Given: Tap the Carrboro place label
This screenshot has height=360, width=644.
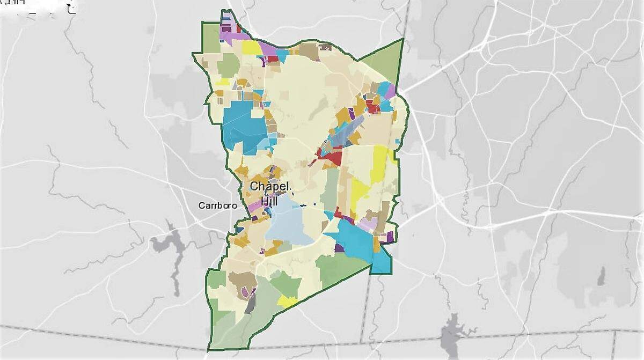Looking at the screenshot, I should [217, 205].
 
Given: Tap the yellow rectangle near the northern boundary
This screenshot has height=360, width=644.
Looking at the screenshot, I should [251, 47].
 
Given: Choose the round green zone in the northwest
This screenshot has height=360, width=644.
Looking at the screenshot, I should [228, 65].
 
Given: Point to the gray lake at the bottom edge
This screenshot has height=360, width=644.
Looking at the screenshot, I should [451, 336].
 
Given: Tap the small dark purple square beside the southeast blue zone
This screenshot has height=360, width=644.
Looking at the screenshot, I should [339, 248].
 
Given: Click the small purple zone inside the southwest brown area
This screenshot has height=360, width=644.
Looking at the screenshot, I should [246, 292].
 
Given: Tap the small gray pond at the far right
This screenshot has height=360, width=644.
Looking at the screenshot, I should [601, 277].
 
